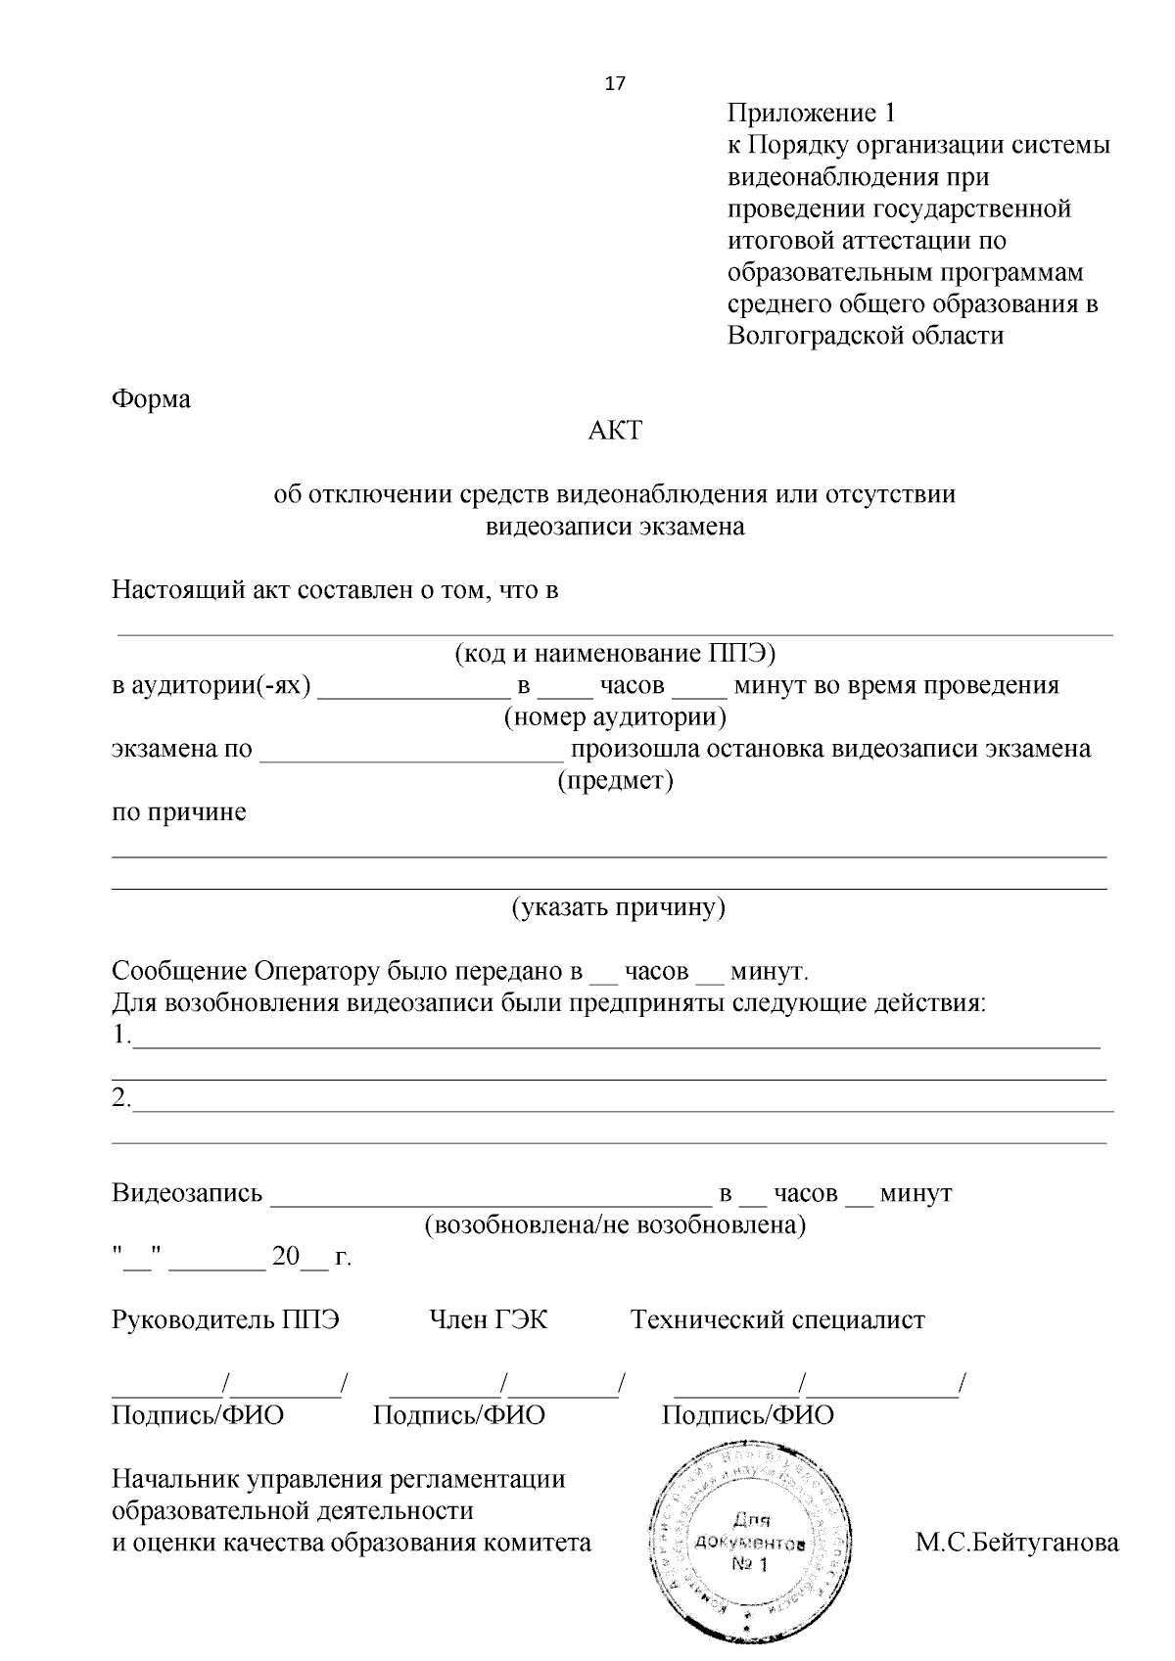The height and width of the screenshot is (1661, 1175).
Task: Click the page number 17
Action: pyautogui.click(x=615, y=83)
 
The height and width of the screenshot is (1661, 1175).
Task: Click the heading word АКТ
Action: pyautogui.click(x=615, y=430)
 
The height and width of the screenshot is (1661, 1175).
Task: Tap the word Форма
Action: pyautogui.click(x=151, y=399)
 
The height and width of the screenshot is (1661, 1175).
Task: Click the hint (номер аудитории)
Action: pyautogui.click(x=615, y=717)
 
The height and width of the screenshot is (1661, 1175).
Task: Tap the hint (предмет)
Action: pyautogui.click(x=615, y=781)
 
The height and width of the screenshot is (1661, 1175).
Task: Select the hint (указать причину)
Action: pyautogui.click(x=618, y=907)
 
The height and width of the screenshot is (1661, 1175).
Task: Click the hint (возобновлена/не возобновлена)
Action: pyautogui.click(x=615, y=1225)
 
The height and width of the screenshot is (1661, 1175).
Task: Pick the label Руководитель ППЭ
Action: pyautogui.click(x=226, y=1319)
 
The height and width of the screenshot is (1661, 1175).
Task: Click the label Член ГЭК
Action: pyautogui.click(x=488, y=1319)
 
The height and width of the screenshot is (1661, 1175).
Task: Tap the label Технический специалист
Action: pyautogui.click(x=777, y=1319)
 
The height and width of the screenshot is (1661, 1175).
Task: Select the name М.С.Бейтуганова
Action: pyautogui.click(x=1016, y=1544)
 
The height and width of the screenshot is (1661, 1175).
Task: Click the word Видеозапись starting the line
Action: pyautogui.click(x=187, y=1193)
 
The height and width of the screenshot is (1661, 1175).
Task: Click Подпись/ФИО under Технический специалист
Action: pyautogui.click(x=748, y=1414)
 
